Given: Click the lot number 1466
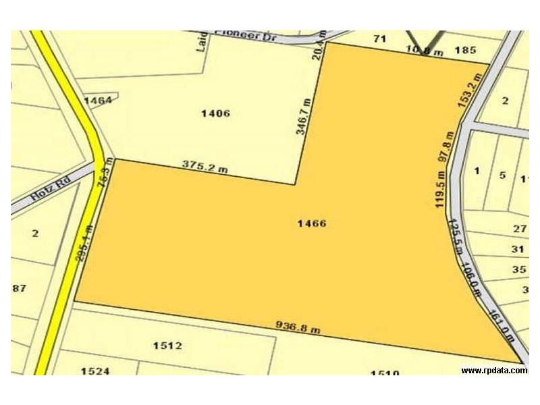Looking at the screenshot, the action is (x=312, y=223).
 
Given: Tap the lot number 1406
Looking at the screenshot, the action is (x=216, y=113).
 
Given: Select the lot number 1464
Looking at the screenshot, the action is (x=97, y=101).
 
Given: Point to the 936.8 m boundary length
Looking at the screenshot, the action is (x=298, y=327).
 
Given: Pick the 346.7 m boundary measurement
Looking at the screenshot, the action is (x=304, y=116).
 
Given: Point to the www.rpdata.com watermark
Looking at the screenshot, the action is (x=494, y=371).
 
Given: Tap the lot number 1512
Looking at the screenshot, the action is (x=167, y=346).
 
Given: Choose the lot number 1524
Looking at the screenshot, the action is (x=95, y=371).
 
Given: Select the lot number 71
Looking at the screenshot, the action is (x=380, y=39).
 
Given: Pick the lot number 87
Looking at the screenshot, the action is (x=19, y=288).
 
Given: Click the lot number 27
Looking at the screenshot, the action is (x=519, y=229).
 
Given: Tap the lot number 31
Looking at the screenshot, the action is (x=518, y=249).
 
